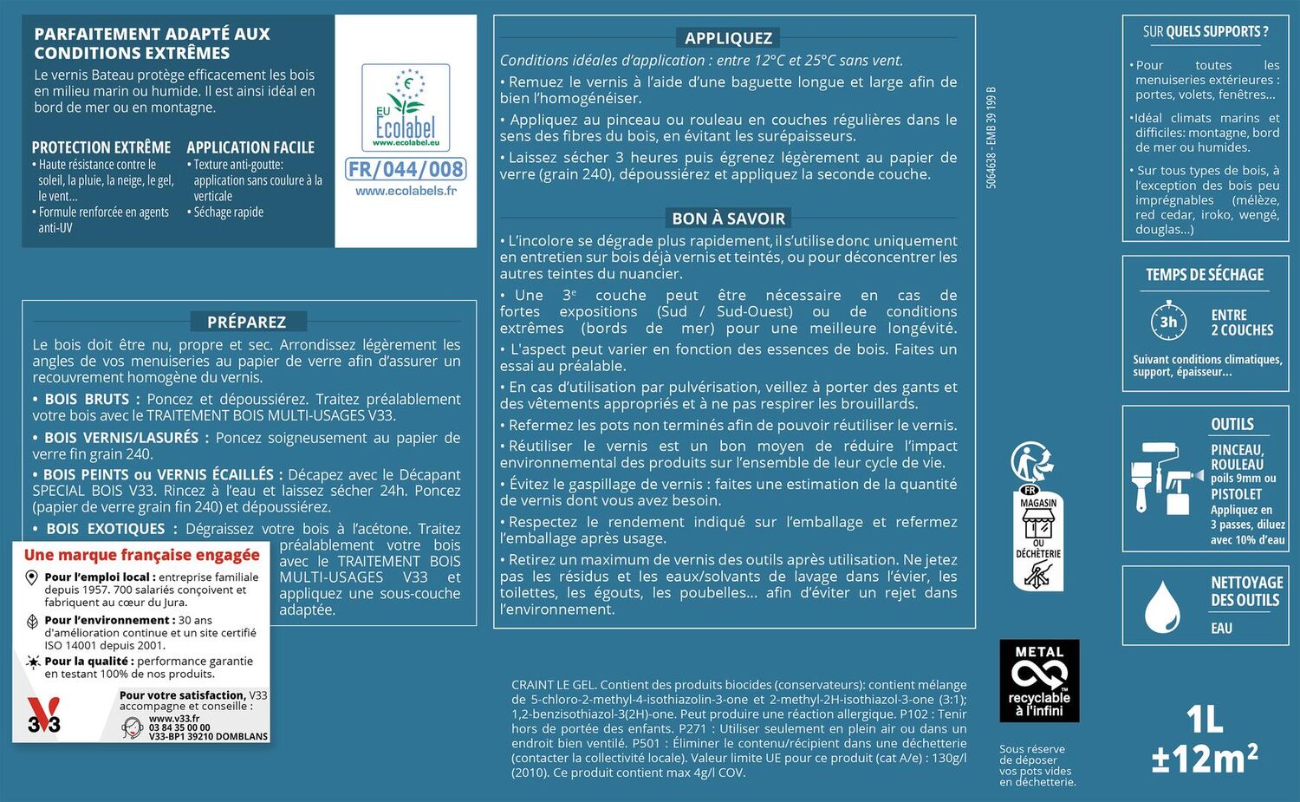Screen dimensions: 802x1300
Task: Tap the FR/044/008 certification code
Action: coord(406,169)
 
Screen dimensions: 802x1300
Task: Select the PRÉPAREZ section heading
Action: coord(246,322)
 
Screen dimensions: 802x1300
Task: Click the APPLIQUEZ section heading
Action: coord(728,38)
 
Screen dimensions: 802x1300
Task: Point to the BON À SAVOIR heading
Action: coord(728,218)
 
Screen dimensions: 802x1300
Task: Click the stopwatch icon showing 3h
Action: coord(1168,322)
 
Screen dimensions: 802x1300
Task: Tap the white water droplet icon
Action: coord(1161,606)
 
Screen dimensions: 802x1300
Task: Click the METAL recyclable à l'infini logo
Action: coord(1039,681)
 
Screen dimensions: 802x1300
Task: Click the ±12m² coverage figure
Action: coord(1205,759)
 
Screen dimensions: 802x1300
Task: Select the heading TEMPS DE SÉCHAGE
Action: coord(1205,275)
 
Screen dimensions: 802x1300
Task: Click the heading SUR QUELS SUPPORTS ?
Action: coord(1205,32)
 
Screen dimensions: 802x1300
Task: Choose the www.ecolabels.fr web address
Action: coord(406,191)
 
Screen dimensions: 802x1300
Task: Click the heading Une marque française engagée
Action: coord(142,555)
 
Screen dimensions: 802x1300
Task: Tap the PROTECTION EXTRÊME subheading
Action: coord(101,147)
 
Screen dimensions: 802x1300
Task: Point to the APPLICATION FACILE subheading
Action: coord(250,147)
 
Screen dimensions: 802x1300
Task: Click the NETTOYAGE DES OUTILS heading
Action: coord(1245,591)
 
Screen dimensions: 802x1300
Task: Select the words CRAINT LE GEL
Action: coord(553,685)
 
